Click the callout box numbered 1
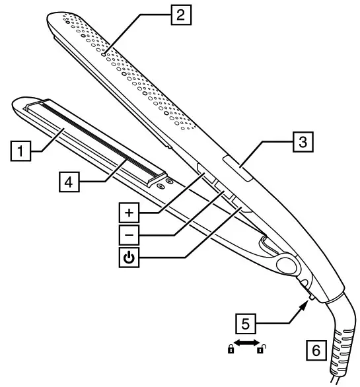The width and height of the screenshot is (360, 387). point(20,151)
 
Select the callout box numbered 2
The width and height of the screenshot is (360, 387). point(181,15)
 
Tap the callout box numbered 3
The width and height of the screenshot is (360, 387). point(303,142)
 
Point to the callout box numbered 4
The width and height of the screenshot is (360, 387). point(69,182)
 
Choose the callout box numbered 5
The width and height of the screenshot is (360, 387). point(246,324)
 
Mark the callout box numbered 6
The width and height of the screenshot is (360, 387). point(316,350)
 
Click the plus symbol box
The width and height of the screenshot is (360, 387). point(129,213)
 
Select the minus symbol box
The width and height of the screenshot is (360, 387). point(129,234)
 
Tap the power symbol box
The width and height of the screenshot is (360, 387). point(129,257)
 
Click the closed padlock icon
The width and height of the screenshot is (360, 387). point(231,349)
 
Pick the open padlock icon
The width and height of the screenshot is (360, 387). point(261,349)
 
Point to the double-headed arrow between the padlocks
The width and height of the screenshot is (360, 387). point(246,343)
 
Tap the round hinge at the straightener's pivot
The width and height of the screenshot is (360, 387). point(287,265)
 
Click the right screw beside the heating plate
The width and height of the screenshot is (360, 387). point(169,182)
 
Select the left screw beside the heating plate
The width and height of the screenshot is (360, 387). point(161,186)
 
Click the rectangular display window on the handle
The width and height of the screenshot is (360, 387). point(238,168)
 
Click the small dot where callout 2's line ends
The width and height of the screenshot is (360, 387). point(104,54)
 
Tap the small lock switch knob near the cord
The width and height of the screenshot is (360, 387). point(312,297)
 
